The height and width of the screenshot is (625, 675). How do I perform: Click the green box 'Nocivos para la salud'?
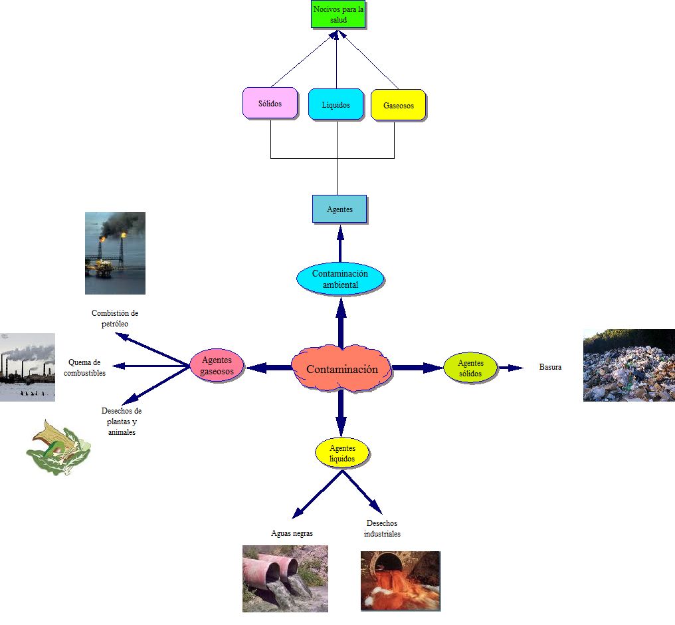tap(339, 15)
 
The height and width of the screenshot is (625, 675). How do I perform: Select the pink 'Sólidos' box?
tap(270, 104)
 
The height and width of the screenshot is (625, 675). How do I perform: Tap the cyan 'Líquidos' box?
tap(336, 104)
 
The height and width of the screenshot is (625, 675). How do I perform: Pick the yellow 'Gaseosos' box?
tap(398, 105)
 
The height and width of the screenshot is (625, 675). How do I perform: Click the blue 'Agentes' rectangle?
tap(339, 209)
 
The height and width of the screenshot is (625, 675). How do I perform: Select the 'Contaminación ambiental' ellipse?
tap(340, 279)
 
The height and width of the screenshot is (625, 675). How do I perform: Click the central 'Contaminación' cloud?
tap(341, 369)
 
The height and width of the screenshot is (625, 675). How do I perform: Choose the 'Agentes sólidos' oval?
tap(470, 368)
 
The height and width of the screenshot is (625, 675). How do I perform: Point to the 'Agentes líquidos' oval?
tap(341, 453)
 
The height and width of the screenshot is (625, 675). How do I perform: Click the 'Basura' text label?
tap(550, 367)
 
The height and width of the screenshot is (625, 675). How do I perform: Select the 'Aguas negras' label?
tap(292, 533)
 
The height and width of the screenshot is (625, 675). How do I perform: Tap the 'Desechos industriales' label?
tap(382, 529)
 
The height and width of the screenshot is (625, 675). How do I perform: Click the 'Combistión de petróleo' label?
tap(115, 318)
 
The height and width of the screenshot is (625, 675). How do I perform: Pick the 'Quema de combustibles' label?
tap(84, 367)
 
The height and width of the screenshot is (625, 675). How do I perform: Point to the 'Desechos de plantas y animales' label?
tap(122, 422)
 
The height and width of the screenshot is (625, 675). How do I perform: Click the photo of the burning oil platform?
tap(115, 253)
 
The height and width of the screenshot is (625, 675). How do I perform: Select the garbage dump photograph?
tap(628, 365)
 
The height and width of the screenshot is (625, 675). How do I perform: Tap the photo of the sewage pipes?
tap(285, 578)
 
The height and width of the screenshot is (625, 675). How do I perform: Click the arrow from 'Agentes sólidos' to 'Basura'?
tap(511, 367)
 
